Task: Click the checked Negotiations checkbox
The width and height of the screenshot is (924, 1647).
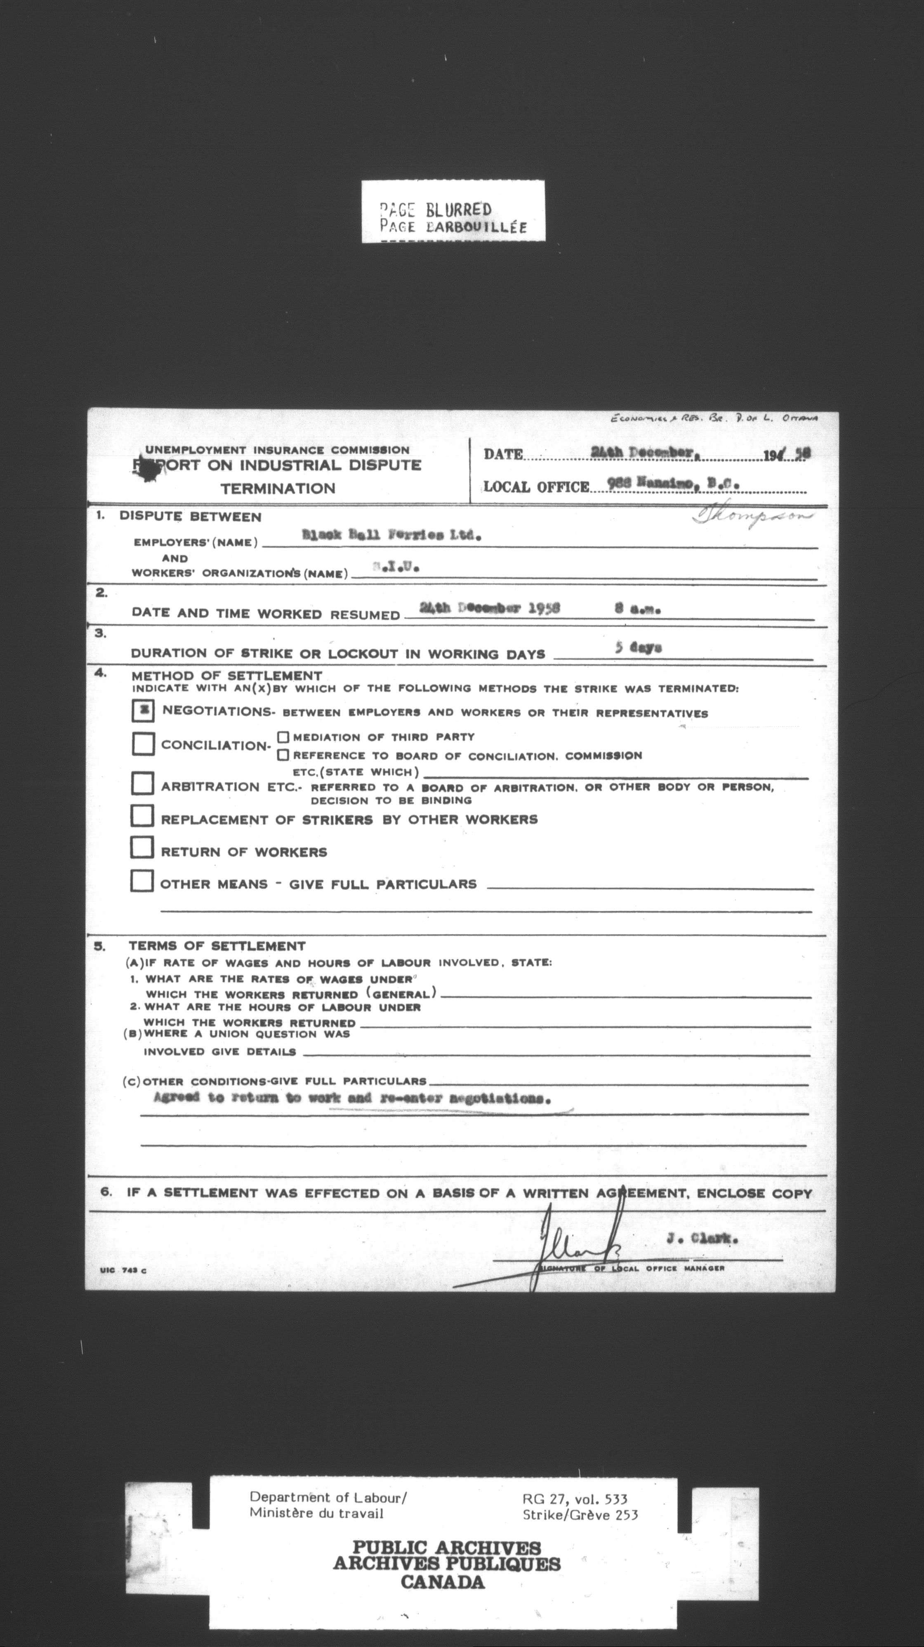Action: pyautogui.click(x=143, y=710)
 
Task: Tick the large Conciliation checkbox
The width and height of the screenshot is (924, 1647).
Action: pyautogui.click(x=143, y=743)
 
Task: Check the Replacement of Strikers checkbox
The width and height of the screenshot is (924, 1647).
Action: pyautogui.click(x=142, y=816)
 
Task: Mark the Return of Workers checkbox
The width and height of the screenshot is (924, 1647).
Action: pyautogui.click(x=141, y=848)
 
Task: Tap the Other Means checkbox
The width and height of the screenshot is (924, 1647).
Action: pyautogui.click(x=141, y=880)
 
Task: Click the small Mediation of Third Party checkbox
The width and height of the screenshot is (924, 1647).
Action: pyautogui.click(x=283, y=737)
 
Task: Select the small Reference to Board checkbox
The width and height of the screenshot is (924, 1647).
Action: pyautogui.click(x=283, y=755)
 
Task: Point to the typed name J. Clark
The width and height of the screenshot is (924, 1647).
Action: pyautogui.click(x=702, y=1239)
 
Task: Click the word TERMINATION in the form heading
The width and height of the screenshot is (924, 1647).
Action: pyautogui.click(x=278, y=488)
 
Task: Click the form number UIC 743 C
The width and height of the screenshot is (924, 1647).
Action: pyautogui.click(x=123, y=1270)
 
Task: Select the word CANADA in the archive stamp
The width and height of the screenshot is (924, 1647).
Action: pyautogui.click(x=443, y=1582)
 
